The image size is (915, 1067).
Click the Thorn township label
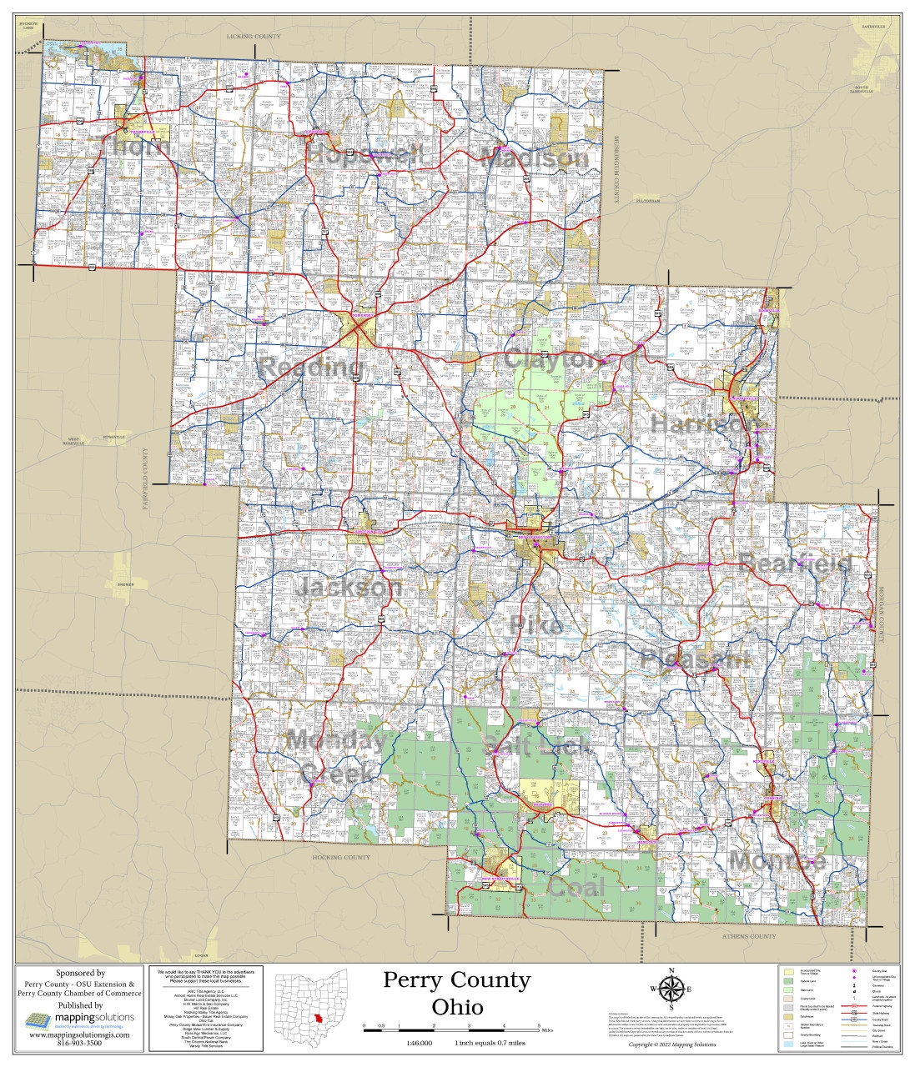(x=141, y=147)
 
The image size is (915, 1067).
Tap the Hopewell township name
(x=364, y=154)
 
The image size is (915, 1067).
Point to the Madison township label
(x=535, y=158)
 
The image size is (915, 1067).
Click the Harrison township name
(x=706, y=424)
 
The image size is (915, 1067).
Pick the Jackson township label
(x=349, y=587)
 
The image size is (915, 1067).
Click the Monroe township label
(x=777, y=860)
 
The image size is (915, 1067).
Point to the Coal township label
(x=576, y=887)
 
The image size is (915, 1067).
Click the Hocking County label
(x=340, y=857)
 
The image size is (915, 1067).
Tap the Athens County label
(x=748, y=936)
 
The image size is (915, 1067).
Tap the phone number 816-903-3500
(x=80, y=1043)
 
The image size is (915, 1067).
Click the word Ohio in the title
(x=457, y=1006)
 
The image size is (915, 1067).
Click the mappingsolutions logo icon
(x=38, y=1020)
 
